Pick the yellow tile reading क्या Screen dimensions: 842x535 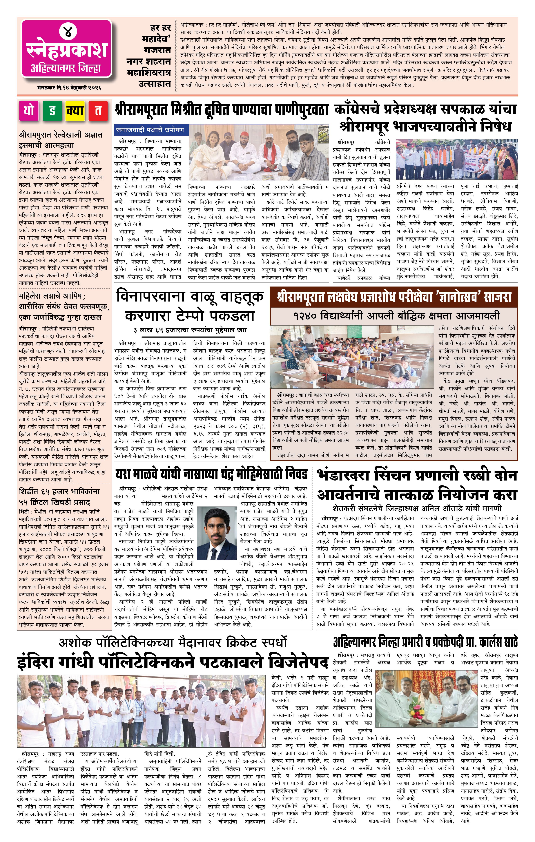pyautogui.click(x=75, y=111)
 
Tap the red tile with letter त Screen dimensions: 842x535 pyautogui.click(x=98, y=111)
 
